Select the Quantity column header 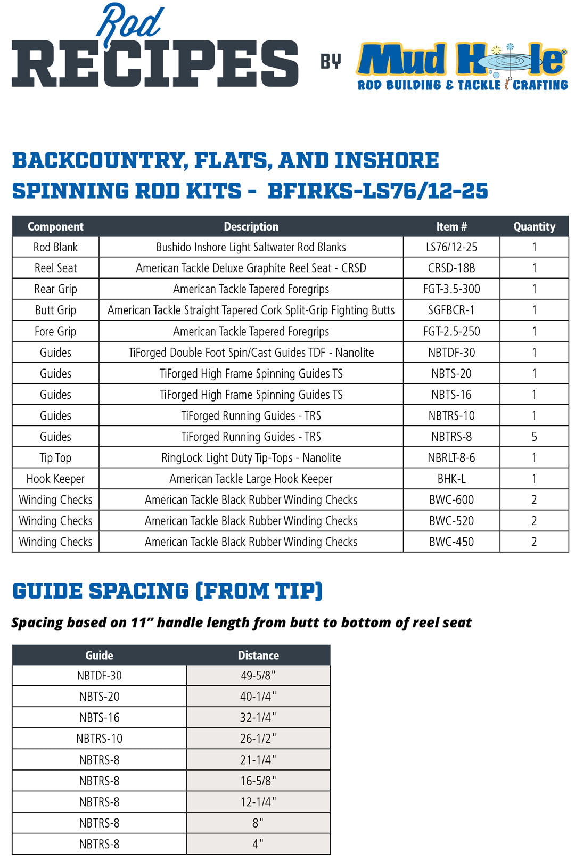[x=534, y=226]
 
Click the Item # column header [x=451, y=226]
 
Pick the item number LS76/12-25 [x=451, y=247]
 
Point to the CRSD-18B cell [x=451, y=268]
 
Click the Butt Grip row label [x=55, y=310]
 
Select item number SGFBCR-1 [x=451, y=310]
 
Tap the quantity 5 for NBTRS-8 [x=534, y=437]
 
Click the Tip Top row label [x=55, y=457]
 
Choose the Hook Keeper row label [x=55, y=479]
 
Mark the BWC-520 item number [x=451, y=521]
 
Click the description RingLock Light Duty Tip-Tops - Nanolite [x=251, y=457]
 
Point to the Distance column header [x=258, y=655]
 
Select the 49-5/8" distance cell [x=258, y=676]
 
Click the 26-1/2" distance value [x=258, y=739]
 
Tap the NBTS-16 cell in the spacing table [x=100, y=717]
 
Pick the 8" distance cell [x=258, y=823]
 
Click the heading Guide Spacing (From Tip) [x=168, y=591]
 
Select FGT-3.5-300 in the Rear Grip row [x=451, y=289]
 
